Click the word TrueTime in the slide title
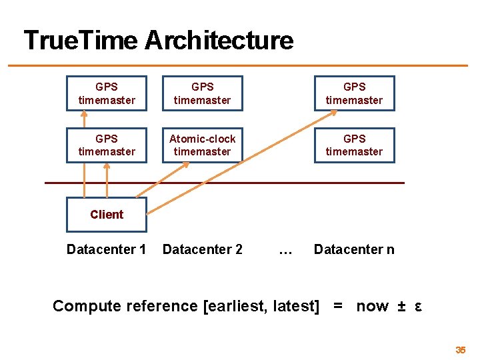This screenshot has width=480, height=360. [81, 41]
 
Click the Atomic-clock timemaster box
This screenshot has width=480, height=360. [202, 145]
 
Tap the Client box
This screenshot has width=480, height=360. [107, 214]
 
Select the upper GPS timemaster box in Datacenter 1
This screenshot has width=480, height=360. [107, 93]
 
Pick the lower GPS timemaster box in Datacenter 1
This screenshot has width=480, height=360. [107, 145]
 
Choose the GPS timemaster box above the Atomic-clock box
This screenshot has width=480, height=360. [202, 93]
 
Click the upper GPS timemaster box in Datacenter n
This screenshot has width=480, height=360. [354, 93]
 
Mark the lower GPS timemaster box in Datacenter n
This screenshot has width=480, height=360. [354, 145]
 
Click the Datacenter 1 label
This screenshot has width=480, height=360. [107, 249]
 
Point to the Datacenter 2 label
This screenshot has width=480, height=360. [202, 249]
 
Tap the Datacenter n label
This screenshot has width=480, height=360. [354, 249]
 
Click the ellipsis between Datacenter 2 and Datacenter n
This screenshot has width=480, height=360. [285, 251]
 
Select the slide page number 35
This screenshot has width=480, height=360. [460, 350]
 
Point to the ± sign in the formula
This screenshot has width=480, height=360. [401, 306]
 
